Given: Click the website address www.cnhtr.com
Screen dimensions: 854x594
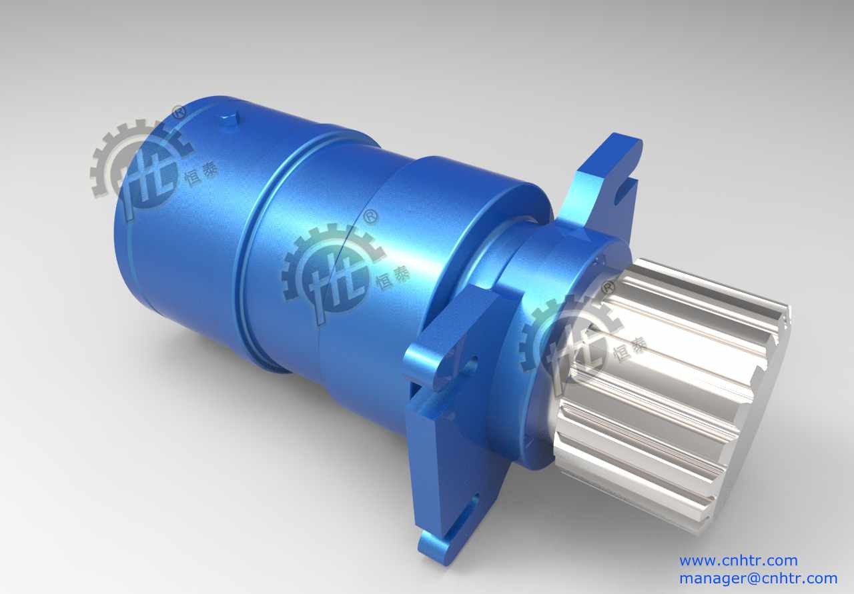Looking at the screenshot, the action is pos(739,561).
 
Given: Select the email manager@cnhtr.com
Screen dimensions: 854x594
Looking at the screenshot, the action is pos(759,579).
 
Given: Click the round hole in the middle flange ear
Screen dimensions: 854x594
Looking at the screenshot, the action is pos(471,365).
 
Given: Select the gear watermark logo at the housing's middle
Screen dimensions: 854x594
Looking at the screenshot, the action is pos(332,273).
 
